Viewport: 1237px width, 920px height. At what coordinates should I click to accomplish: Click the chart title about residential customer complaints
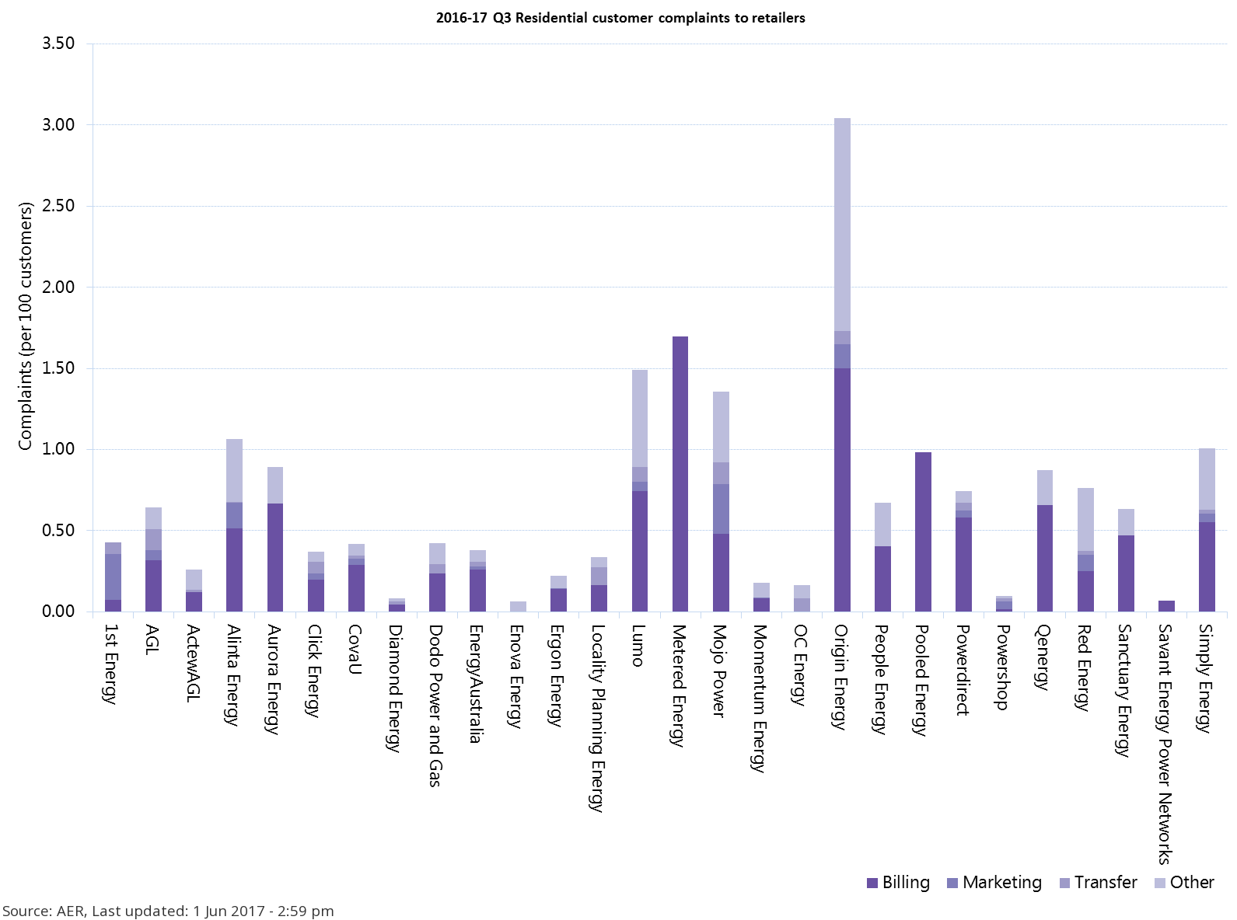tap(620, 18)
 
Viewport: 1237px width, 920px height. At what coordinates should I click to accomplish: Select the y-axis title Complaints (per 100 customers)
tap(26, 326)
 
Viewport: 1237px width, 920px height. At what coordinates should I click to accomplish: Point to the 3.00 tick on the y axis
tap(58, 125)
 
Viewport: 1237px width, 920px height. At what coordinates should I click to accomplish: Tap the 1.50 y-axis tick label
tap(58, 368)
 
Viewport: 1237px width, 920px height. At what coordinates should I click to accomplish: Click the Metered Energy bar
tap(680, 474)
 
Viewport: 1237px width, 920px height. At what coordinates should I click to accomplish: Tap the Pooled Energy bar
tap(923, 532)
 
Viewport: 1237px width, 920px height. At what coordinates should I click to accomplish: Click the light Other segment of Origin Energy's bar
tap(842, 225)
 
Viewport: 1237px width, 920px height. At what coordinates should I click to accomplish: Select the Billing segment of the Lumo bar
tap(640, 552)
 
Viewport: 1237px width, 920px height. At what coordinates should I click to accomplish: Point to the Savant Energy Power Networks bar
tap(1166, 606)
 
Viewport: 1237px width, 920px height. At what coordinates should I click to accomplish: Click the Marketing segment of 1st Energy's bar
tap(114, 577)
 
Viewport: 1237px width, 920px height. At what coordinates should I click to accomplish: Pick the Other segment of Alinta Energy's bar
tap(234, 471)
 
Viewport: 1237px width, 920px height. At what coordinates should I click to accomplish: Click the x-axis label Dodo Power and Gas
tap(436, 706)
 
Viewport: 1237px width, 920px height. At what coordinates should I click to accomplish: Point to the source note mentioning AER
tap(168, 911)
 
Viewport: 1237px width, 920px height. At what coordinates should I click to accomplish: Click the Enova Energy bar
tap(518, 606)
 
